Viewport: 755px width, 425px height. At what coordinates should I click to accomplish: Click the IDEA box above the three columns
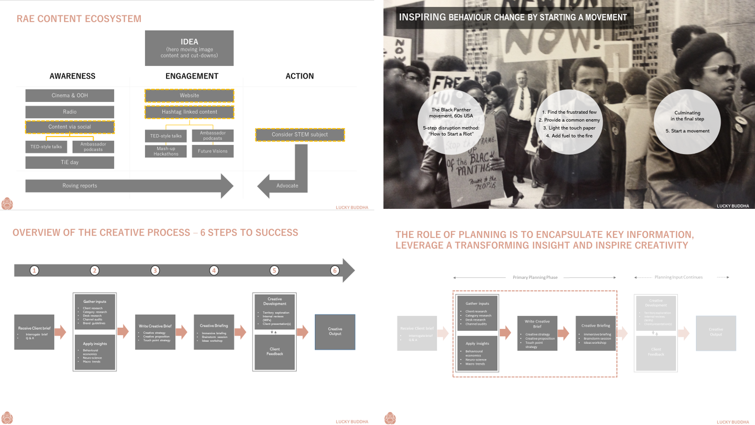[x=189, y=48]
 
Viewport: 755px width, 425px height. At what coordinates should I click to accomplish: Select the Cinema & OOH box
[x=69, y=95]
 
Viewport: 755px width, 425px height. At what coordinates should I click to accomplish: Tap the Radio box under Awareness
[x=69, y=112]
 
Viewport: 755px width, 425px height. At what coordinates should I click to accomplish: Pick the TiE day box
[x=69, y=162]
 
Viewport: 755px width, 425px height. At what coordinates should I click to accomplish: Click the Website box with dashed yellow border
[x=189, y=95]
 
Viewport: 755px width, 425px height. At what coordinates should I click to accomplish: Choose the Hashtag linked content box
[x=189, y=112]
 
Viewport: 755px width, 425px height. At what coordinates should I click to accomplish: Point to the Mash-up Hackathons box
[x=166, y=151]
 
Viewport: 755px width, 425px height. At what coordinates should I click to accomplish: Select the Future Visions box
[x=212, y=151]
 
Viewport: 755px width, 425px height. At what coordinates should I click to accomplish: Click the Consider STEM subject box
[x=299, y=135]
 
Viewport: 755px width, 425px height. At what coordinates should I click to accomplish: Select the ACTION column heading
[x=299, y=76]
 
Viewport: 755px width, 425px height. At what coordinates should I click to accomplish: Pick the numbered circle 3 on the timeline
[x=155, y=271]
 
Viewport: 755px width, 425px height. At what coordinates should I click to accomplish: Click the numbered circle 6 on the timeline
[x=335, y=271]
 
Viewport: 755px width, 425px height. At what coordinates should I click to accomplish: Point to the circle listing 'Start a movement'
[x=687, y=122]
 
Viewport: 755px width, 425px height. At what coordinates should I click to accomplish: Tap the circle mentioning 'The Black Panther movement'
[x=451, y=122]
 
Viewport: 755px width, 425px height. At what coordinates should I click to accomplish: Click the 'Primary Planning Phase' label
[x=535, y=277]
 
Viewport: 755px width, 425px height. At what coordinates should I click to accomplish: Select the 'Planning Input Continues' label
[x=678, y=277]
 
